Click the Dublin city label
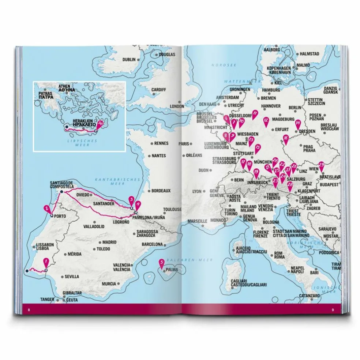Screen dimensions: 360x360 click(129, 60)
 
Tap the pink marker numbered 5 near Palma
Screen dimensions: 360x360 click(161, 263)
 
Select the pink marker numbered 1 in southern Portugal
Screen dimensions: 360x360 click(46, 262)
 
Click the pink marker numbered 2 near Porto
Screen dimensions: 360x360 click(47, 209)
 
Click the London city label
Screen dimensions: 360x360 click(177, 106)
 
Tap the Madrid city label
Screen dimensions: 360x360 click(109, 242)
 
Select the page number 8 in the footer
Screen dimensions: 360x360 click(29, 310)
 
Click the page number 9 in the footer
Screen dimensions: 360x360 click(333, 310)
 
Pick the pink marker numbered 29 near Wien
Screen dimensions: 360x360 click(321, 165)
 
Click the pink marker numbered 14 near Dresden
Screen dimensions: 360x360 click(298, 123)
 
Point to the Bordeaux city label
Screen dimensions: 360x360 click(161, 191)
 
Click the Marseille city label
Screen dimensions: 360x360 click(198, 221)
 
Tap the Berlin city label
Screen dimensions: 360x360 click(295, 108)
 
